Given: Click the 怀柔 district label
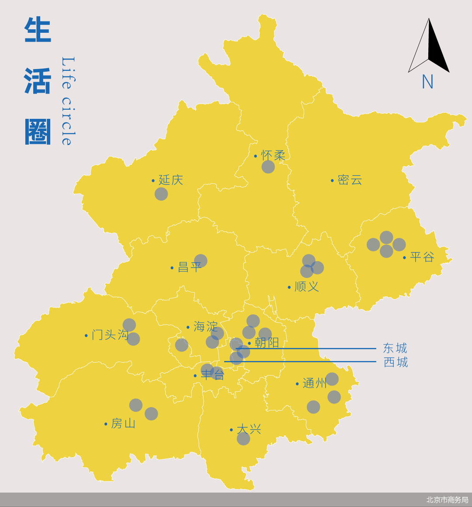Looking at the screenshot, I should pyautogui.click(x=273, y=155).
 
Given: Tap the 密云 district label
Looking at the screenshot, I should pyautogui.click(x=350, y=180).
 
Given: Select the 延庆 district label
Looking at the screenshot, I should pyautogui.click(x=170, y=180).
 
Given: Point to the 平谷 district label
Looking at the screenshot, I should pyautogui.click(x=422, y=257).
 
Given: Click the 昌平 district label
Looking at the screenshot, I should pyautogui.click(x=190, y=267).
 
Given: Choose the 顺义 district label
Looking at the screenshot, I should pyautogui.click(x=307, y=287).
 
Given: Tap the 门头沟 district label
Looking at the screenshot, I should pyautogui.click(x=110, y=335).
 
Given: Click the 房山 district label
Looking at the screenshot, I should pyautogui.click(x=123, y=423).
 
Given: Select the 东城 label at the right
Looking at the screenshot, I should pyautogui.click(x=395, y=348).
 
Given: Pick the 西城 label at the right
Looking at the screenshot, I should pyautogui.click(x=396, y=362).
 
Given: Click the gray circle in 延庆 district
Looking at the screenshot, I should pyautogui.click(x=161, y=194).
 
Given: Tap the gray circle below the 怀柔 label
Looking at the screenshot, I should pyautogui.click(x=268, y=167).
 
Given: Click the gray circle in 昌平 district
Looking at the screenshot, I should pyautogui.click(x=201, y=260).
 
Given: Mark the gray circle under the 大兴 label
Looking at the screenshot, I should pyautogui.click(x=243, y=438).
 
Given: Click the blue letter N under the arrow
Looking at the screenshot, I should pyautogui.click(x=427, y=82).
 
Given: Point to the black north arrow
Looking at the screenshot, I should pyautogui.click(x=429, y=46).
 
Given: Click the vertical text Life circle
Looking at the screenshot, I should pyautogui.click(x=67, y=101).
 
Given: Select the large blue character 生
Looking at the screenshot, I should pyautogui.click(x=38, y=30).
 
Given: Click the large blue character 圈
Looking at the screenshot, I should pyautogui.click(x=38, y=132).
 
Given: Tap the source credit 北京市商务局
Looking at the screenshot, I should pyautogui.click(x=447, y=500).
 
